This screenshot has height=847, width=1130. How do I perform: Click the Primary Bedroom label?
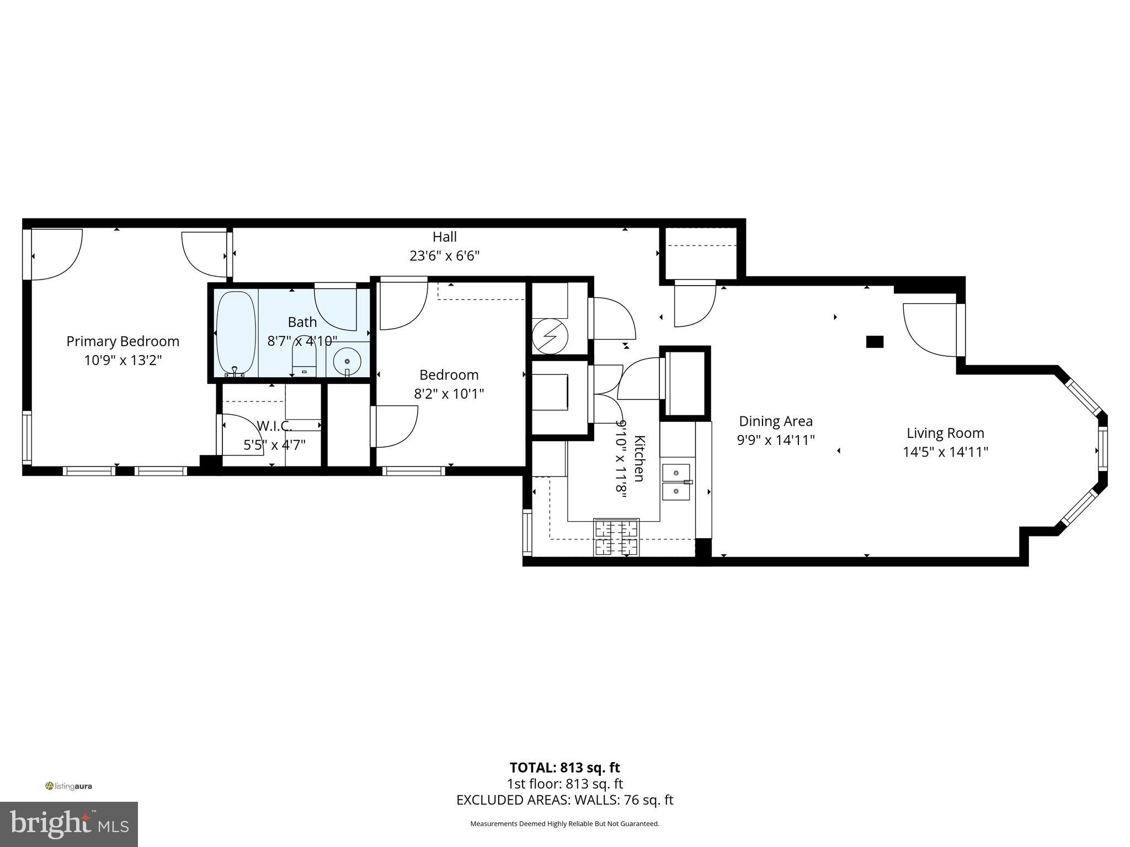(x=122, y=341)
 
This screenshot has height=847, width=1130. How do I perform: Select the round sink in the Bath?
(x=347, y=361)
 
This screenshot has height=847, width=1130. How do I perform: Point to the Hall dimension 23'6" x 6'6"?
(x=444, y=256)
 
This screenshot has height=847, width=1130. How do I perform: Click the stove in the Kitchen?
(x=616, y=537)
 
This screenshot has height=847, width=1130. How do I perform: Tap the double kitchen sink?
(x=676, y=482)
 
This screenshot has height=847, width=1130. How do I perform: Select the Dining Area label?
(x=775, y=421)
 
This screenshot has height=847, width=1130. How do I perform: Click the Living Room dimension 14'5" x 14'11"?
(x=945, y=452)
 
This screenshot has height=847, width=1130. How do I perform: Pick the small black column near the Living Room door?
(x=875, y=342)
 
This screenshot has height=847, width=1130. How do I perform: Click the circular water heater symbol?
(x=550, y=337)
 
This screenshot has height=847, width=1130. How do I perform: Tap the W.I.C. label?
(x=274, y=426)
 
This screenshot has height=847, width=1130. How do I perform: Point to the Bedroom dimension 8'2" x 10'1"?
(x=449, y=394)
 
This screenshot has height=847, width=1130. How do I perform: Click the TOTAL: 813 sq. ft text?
(x=564, y=768)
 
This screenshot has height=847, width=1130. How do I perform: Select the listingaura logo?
(x=68, y=786)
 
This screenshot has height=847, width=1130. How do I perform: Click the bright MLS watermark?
(x=68, y=824)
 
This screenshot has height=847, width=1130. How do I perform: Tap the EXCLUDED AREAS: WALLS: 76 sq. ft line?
(x=564, y=800)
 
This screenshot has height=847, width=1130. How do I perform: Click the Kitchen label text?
(x=639, y=458)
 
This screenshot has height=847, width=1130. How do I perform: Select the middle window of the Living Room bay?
(x=1102, y=449)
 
